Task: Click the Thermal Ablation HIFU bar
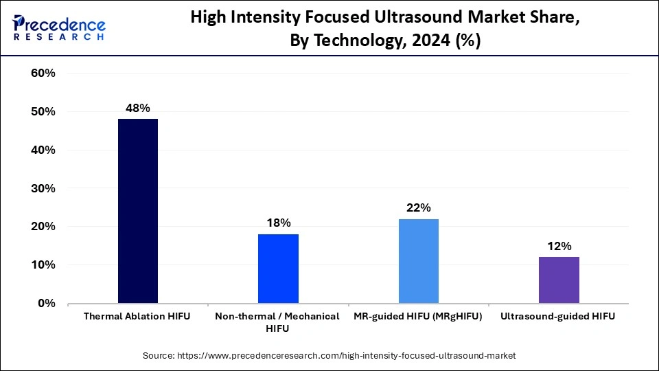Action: click(x=138, y=211)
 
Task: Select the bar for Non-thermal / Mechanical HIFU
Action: click(x=278, y=268)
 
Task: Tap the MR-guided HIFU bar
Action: click(x=418, y=260)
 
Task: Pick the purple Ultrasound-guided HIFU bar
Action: click(x=559, y=280)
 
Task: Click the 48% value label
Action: click(x=138, y=108)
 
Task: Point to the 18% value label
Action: click(x=278, y=223)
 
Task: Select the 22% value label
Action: click(x=418, y=207)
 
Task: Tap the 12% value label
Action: click(x=559, y=246)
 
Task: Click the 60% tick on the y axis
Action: click(x=43, y=74)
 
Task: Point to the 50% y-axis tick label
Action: click(x=43, y=112)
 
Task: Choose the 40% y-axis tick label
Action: click(x=43, y=150)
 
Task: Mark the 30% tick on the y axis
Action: click(x=43, y=188)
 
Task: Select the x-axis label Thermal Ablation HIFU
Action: click(x=137, y=316)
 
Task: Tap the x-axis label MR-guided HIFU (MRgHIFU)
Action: click(x=418, y=316)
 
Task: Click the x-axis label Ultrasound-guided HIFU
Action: click(x=558, y=316)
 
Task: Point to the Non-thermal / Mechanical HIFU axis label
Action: click(x=277, y=322)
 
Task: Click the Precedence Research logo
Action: click(x=59, y=28)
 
